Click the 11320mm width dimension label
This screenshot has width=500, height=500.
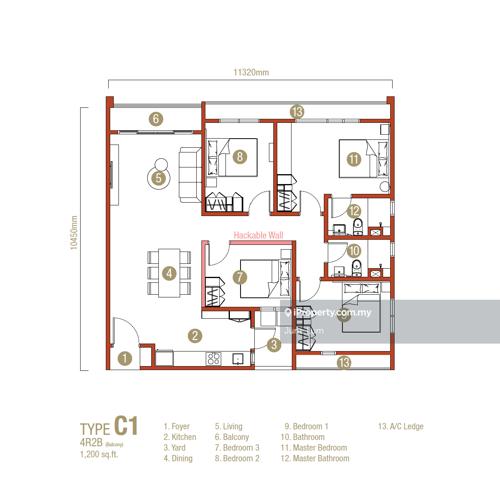(x=251, y=72)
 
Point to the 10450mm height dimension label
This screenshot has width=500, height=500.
(x=74, y=233)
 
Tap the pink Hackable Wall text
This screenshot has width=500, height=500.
(x=258, y=235)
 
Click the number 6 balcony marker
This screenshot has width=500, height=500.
(x=156, y=119)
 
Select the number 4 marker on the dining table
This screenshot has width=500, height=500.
(x=169, y=273)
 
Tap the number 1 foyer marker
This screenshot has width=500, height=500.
(x=125, y=359)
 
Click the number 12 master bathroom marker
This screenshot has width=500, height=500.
(x=354, y=211)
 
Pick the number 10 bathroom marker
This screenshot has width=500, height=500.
(x=354, y=251)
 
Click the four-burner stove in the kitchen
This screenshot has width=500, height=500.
(x=214, y=359)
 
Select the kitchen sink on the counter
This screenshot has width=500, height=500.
(x=238, y=359)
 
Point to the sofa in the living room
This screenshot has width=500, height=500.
(x=190, y=175)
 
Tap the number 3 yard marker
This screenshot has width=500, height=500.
(x=274, y=345)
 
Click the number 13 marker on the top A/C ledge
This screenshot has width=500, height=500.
(x=297, y=112)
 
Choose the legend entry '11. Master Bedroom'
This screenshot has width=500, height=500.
(x=314, y=447)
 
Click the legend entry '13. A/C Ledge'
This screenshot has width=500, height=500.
(x=400, y=426)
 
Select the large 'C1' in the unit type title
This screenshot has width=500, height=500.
(x=126, y=426)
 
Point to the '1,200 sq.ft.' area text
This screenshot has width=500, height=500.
(x=99, y=454)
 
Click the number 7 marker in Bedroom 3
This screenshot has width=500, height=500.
(x=240, y=277)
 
